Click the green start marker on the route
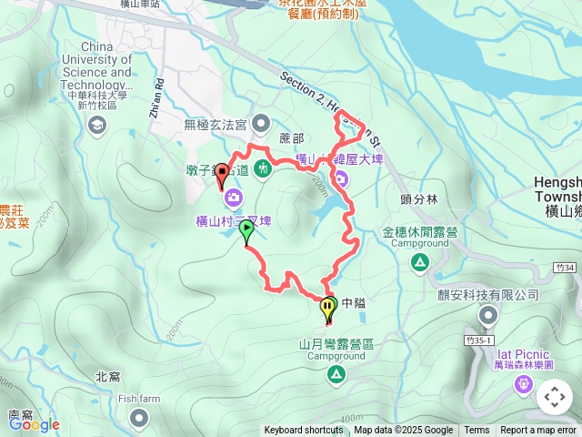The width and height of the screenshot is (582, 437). [x=246, y=232]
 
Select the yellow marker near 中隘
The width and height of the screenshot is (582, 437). [x=328, y=310]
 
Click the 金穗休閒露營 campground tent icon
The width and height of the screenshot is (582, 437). [x=420, y=263]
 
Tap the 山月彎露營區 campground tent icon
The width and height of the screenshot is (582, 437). [x=336, y=374]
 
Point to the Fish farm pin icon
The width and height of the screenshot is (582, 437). [x=138, y=417]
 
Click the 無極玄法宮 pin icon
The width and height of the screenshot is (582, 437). [x=262, y=123]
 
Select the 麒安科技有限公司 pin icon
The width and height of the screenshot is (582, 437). [x=488, y=316]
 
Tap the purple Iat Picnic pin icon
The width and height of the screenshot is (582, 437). [x=524, y=386]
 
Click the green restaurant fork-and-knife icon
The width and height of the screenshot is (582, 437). [x=263, y=167]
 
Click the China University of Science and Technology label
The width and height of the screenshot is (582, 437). [x=95, y=66]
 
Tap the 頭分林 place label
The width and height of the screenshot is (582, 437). [x=418, y=198]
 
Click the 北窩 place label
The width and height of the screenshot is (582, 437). [x=108, y=376]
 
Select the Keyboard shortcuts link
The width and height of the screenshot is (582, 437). [x=305, y=431]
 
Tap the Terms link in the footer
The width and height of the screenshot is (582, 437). [x=477, y=431]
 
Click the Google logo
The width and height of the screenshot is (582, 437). [x=34, y=423]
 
